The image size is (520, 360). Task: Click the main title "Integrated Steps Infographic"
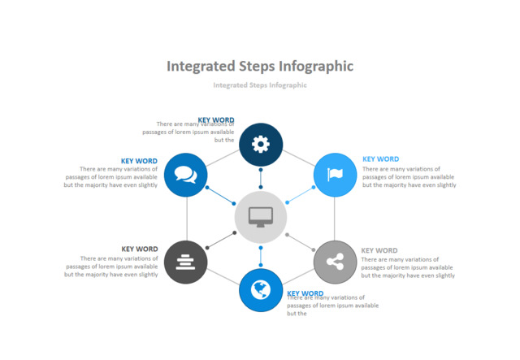point(260,66)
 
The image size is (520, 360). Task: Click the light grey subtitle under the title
point(260,85)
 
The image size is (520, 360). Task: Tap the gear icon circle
point(260,144)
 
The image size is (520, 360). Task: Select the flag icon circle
point(335,174)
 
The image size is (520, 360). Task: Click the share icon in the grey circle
point(335,261)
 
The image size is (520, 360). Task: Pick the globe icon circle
point(260,289)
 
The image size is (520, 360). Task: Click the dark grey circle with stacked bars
point(186,261)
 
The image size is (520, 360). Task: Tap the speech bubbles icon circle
point(186,174)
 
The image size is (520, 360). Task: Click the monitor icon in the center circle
point(260,217)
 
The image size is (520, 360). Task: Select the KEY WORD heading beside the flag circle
point(380,159)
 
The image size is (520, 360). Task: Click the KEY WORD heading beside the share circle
point(379,250)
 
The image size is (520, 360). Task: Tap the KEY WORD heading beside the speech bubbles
point(139,161)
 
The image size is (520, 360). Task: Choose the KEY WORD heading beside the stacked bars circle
point(140,249)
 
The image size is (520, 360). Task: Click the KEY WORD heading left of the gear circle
point(216,120)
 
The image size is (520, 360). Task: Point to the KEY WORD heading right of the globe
point(305,293)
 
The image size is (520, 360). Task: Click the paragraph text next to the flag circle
point(409,177)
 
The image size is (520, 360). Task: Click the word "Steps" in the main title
point(257,66)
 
